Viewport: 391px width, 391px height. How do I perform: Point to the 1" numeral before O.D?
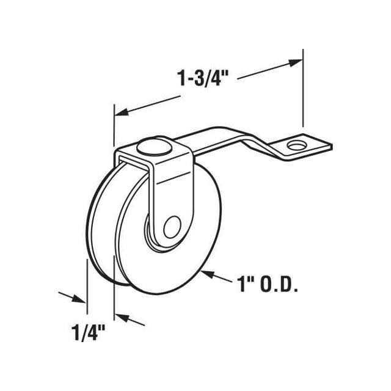coord(243,285)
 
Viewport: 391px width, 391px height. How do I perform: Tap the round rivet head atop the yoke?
coord(150,147)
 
